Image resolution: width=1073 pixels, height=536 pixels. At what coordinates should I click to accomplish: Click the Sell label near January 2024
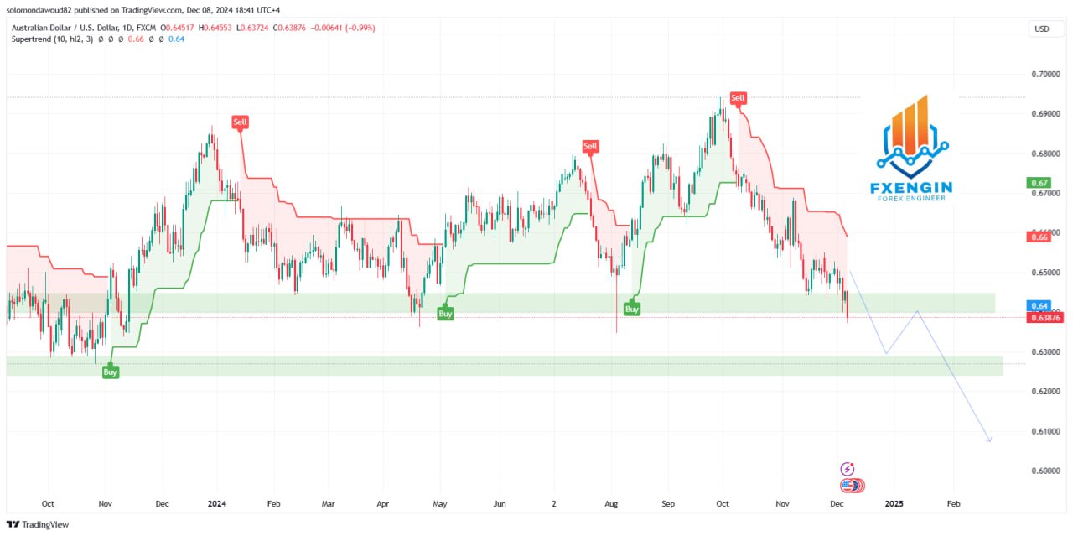tap(241, 122)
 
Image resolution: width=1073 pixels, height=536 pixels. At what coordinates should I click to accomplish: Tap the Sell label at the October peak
tap(738, 98)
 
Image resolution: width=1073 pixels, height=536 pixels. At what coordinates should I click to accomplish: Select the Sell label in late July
tap(590, 147)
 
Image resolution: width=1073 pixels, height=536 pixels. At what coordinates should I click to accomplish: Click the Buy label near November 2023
tap(110, 372)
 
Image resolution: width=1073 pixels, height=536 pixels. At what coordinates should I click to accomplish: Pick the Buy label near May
tap(445, 314)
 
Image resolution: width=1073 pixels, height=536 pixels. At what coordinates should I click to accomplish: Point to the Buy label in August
tap(632, 309)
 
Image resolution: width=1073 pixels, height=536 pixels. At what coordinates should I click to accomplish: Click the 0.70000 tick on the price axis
tap(1044, 74)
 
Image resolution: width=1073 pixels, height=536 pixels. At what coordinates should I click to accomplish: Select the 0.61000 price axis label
tap(1044, 431)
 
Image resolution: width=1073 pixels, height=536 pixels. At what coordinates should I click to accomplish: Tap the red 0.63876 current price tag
tap(1044, 317)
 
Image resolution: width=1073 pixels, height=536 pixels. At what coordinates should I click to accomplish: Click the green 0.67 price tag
tap(1039, 183)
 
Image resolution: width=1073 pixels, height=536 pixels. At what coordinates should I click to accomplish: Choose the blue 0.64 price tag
tap(1039, 305)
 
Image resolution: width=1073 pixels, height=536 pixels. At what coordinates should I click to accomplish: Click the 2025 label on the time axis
tap(894, 504)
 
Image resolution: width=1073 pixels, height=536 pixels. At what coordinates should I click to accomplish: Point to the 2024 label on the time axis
tap(217, 504)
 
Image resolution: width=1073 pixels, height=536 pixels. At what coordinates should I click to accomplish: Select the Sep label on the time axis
tap(668, 504)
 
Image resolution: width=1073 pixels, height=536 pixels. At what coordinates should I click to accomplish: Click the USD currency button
tap(1042, 29)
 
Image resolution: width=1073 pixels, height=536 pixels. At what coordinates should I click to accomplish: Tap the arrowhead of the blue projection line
tap(990, 440)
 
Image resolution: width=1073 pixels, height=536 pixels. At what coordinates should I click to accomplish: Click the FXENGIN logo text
tap(911, 186)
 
